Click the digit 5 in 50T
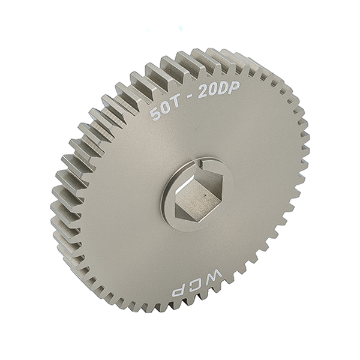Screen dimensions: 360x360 tap(155, 114)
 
